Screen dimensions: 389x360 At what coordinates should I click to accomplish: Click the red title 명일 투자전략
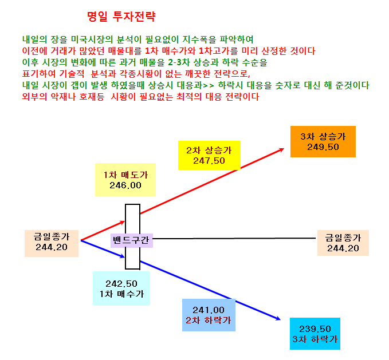[x=121, y=17]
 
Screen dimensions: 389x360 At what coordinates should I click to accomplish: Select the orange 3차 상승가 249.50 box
[x=323, y=141]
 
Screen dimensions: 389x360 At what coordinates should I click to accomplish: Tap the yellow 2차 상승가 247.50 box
[x=209, y=155]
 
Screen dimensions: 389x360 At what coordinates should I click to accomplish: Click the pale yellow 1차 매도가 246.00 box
[x=125, y=180]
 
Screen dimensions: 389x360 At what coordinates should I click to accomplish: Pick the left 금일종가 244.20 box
[x=52, y=243]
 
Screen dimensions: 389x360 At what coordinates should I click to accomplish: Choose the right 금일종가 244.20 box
[x=343, y=243]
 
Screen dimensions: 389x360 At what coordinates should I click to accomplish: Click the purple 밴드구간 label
[x=132, y=240]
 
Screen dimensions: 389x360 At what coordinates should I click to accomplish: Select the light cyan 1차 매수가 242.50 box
[x=121, y=288]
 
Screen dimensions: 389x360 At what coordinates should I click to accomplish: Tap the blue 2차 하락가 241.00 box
[x=209, y=315]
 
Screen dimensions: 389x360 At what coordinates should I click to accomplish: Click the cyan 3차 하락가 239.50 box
[x=315, y=334]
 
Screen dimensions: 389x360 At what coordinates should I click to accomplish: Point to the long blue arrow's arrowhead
[x=278, y=319]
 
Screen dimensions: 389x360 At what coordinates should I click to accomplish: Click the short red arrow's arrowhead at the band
[x=122, y=222]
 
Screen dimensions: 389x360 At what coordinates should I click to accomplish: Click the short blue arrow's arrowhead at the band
[x=122, y=256]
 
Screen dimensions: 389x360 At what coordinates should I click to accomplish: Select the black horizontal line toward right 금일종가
[x=234, y=238]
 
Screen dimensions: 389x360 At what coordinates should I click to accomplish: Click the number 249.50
[x=323, y=147]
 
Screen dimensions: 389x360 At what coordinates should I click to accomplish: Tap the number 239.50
[x=315, y=329]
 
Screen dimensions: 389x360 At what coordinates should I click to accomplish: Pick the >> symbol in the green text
[x=209, y=86]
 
